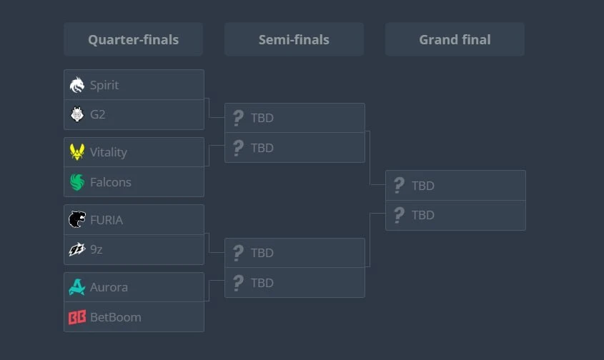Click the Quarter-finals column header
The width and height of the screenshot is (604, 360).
pyautogui.click(x=133, y=39)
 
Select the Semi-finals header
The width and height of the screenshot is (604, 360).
pyautogui.click(x=294, y=39)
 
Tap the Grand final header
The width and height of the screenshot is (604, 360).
pyautogui.click(x=455, y=39)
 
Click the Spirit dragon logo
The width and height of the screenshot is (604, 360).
pyautogui.click(x=77, y=85)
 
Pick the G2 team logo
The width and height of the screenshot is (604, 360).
pyautogui.click(x=77, y=114)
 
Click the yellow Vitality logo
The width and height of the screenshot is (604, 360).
pyautogui.click(x=77, y=151)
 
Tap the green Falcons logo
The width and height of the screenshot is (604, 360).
pyautogui.click(x=77, y=181)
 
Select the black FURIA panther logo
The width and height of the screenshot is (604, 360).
pyautogui.click(x=77, y=219)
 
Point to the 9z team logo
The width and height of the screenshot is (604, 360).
pyautogui.click(x=77, y=249)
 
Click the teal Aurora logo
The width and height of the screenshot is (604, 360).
pyautogui.click(x=77, y=287)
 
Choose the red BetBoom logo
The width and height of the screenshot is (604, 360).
pyautogui.click(x=77, y=317)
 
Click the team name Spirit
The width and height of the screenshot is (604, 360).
pyautogui.click(x=104, y=85)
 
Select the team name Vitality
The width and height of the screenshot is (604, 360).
pyautogui.click(x=109, y=152)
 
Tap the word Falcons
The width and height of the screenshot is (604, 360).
pyautogui.click(x=111, y=182)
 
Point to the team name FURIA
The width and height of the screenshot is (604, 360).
pyautogui.click(x=107, y=220)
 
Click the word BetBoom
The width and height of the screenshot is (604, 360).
pyautogui.click(x=116, y=317)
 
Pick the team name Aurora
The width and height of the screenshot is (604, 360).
pyautogui.click(x=109, y=287)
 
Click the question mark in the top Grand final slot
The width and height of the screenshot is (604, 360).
pyautogui.click(x=399, y=185)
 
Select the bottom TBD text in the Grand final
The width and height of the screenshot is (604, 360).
pyautogui.click(x=423, y=215)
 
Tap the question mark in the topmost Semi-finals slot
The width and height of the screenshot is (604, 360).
pyautogui.click(x=239, y=118)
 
